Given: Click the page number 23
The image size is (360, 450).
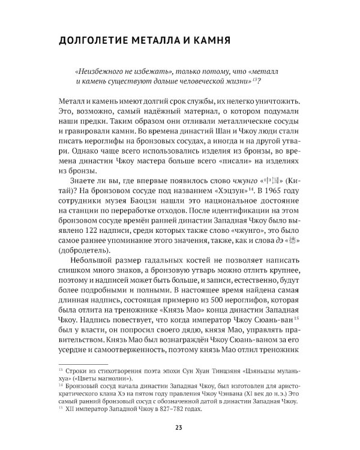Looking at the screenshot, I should [x=179, y=427].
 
